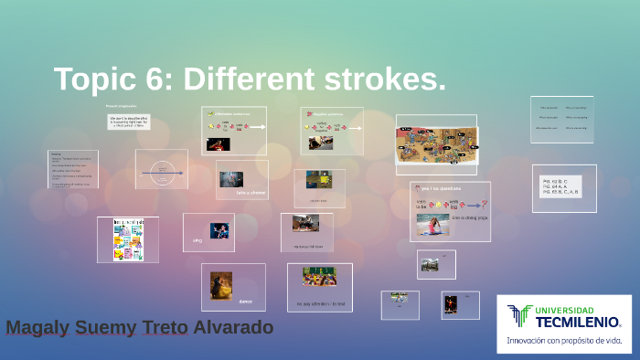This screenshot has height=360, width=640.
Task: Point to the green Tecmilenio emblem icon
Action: point(519,316)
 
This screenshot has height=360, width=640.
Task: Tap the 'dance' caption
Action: point(245,301)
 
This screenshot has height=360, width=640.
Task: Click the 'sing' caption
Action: point(196,240)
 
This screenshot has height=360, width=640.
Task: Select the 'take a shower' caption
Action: point(251,193)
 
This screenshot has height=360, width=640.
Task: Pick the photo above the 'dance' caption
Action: point(221,284)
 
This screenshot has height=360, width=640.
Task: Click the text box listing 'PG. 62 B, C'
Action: point(564,187)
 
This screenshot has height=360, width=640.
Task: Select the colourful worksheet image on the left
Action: point(128,240)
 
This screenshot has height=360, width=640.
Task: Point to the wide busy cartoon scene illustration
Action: point(436,143)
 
